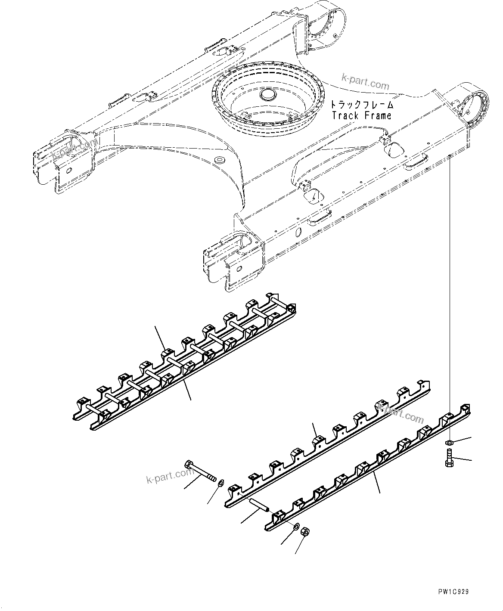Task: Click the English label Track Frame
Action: tap(362, 115)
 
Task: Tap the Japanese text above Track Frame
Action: tap(362, 105)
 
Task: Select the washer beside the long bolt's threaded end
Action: tap(220, 482)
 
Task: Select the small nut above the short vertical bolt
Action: tap(448, 442)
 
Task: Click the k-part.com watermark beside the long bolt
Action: tap(170, 476)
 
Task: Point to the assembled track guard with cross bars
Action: tap(185, 362)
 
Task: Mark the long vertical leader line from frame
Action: tap(449, 297)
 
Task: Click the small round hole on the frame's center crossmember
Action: tap(220, 160)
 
